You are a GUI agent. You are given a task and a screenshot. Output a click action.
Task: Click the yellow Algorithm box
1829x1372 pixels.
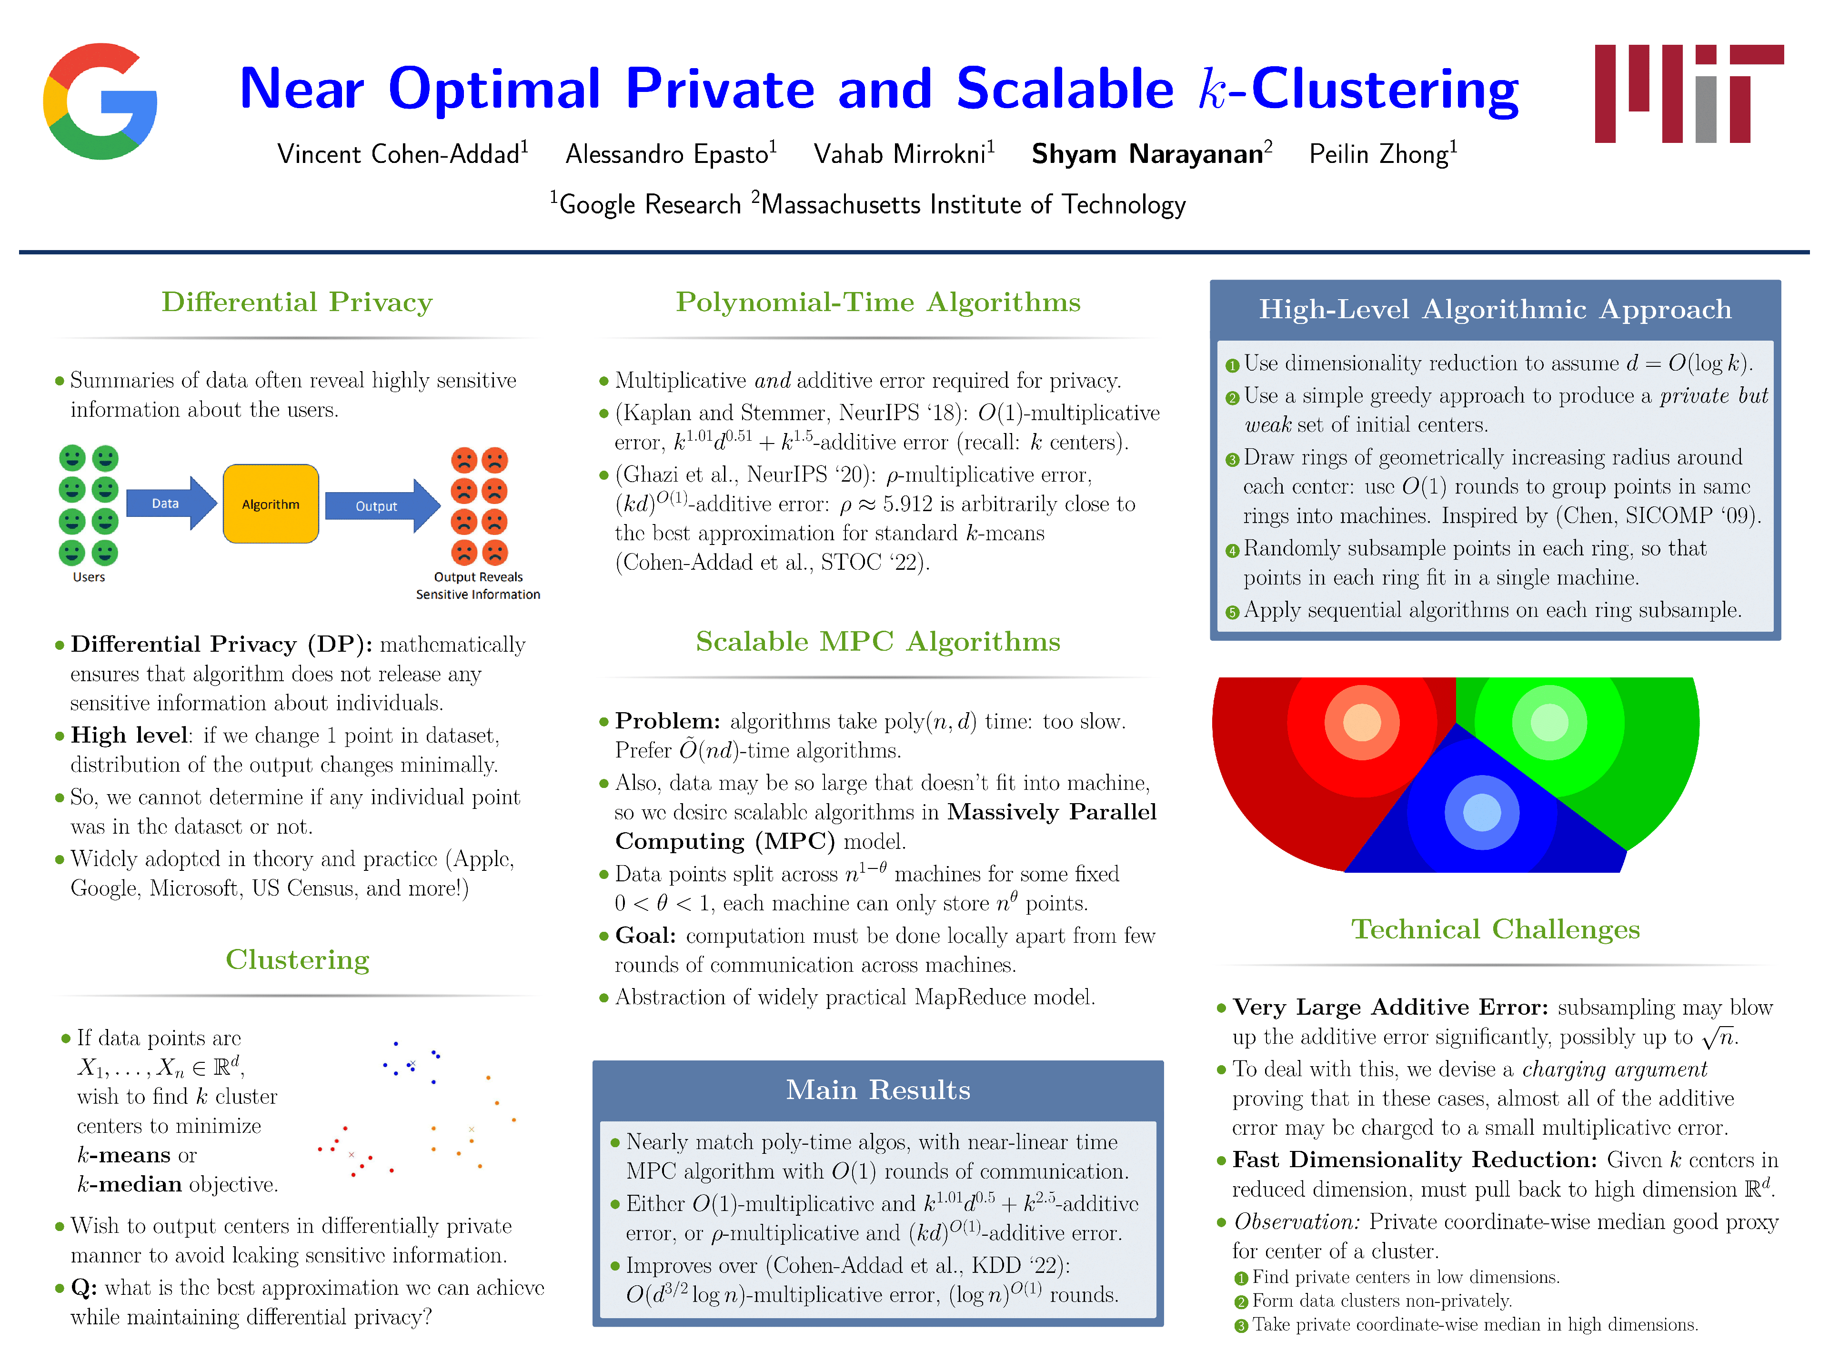[x=271, y=504]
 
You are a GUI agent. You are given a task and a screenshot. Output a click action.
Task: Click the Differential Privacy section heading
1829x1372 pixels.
[x=297, y=303]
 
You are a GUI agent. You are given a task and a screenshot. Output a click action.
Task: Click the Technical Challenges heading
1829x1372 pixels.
[x=1495, y=929]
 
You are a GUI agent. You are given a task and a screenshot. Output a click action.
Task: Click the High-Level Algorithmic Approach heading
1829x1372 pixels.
[x=1495, y=309]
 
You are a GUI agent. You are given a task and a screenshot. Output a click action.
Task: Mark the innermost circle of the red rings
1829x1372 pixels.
[x=1362, y=723]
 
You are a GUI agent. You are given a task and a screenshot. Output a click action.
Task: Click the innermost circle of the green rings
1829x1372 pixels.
[x=1549, y=723]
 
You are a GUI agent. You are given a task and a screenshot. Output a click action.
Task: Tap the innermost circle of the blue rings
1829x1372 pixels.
[x=1482, y=813]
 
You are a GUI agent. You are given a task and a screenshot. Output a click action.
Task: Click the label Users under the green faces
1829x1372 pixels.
[x=89, y=577]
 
